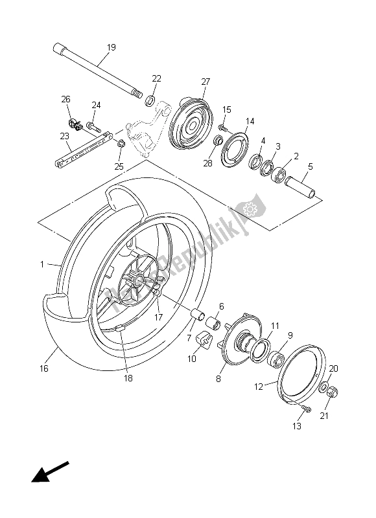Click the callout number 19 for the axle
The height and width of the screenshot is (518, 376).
point(111,47)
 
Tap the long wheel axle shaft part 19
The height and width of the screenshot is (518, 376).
point(97,70)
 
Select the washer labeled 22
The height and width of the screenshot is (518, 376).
point(150,100)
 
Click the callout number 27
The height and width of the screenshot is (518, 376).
point(206,82)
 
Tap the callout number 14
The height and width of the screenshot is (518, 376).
point(250,121)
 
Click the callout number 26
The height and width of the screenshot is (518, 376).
point(65,99)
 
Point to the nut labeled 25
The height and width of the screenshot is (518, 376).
point(120,152)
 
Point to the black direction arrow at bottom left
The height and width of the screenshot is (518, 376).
point(49,471)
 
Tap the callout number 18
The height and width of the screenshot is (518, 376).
point(128,377)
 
